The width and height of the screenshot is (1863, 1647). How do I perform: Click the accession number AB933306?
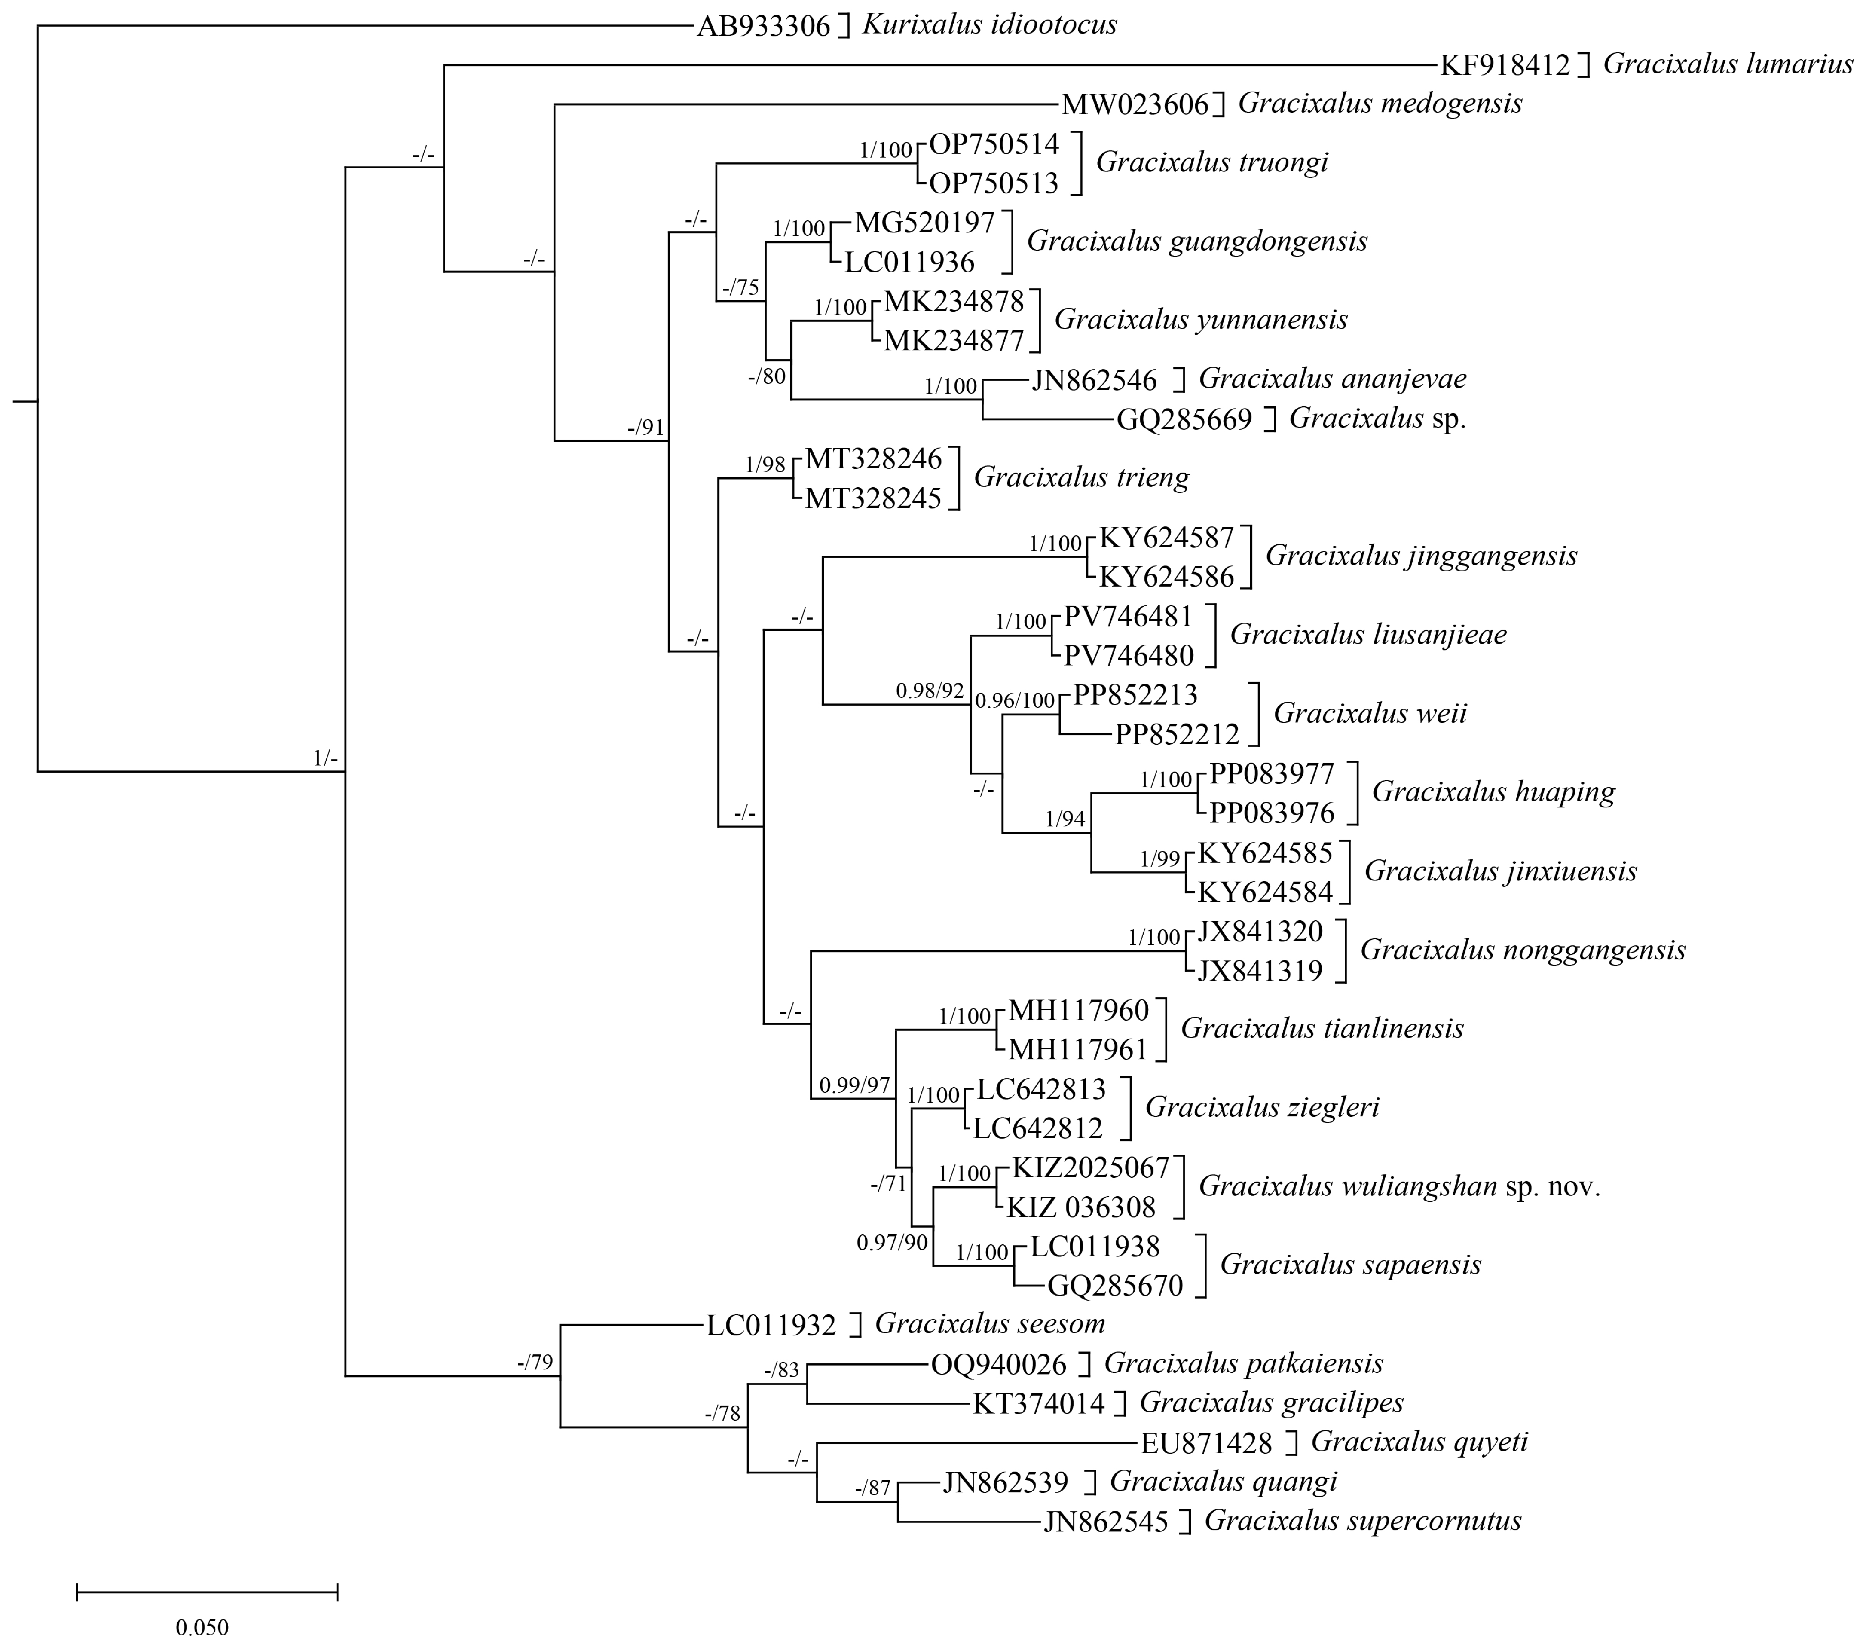click(x=764, y=25)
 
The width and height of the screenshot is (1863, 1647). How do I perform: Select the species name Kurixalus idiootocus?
click(x=989, y=24)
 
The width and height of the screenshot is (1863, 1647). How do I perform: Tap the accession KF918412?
click(x=1505, y=65)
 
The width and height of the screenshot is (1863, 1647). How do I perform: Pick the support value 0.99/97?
click(x=854, y=1085)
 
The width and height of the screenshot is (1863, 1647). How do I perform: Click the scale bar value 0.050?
click(x=202, y=1627)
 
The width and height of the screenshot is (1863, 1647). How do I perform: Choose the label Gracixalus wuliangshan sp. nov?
click(x=1399, y=1187)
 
